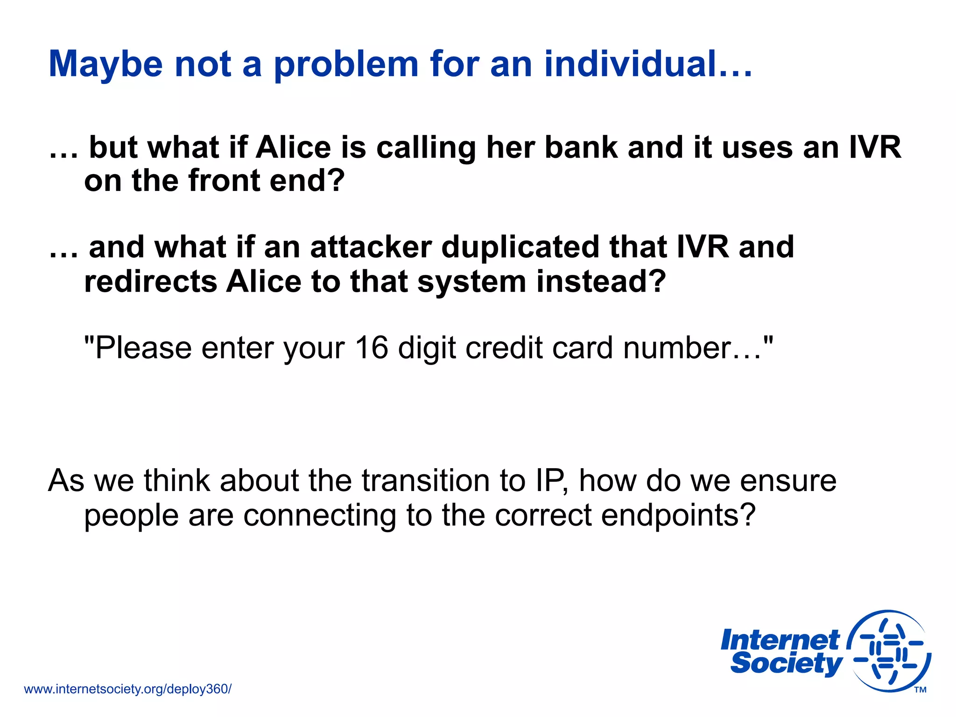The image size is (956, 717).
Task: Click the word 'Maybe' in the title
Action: click(x=105, y=64)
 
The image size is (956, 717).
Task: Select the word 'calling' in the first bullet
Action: click(x=426, y=148)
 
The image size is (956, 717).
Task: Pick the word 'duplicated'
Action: click(x=520, y=248)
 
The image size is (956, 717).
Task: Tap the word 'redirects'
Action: click(x=150, y=281)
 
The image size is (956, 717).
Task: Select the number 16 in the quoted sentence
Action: click(x=371, y=348)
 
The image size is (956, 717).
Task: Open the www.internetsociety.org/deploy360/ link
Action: click(x=127, y=689)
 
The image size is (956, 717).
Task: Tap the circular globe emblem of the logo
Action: click(x=889, y=651)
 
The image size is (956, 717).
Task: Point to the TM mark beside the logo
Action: click(x=920, y=690)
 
